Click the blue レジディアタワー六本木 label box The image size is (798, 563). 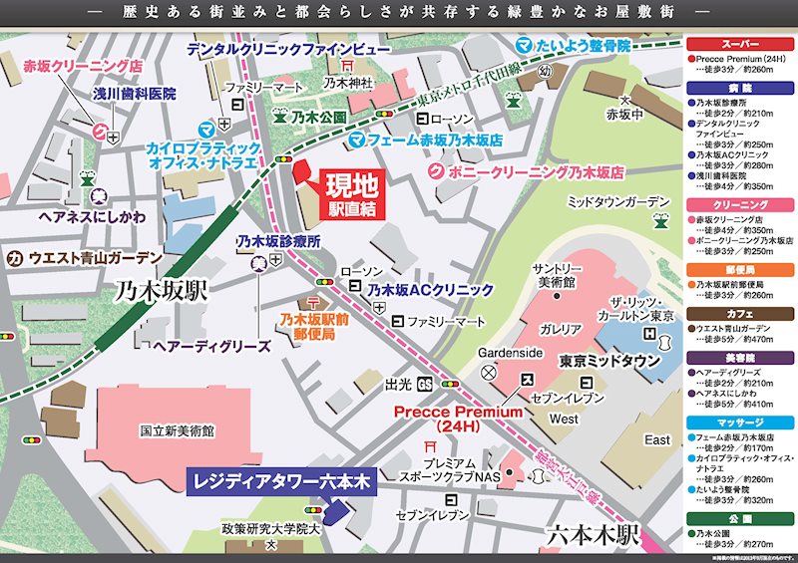click(280, 481)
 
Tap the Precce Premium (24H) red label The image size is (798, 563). click(458, 418)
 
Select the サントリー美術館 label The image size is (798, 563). click(560, 276)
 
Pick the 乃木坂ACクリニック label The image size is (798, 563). click(430, 290)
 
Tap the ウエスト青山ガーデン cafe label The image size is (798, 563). click(96, 258)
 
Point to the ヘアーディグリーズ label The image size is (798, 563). click(212, 346)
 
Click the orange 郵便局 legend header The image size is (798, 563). click(740, 269)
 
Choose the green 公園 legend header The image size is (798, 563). click(740, 518)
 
